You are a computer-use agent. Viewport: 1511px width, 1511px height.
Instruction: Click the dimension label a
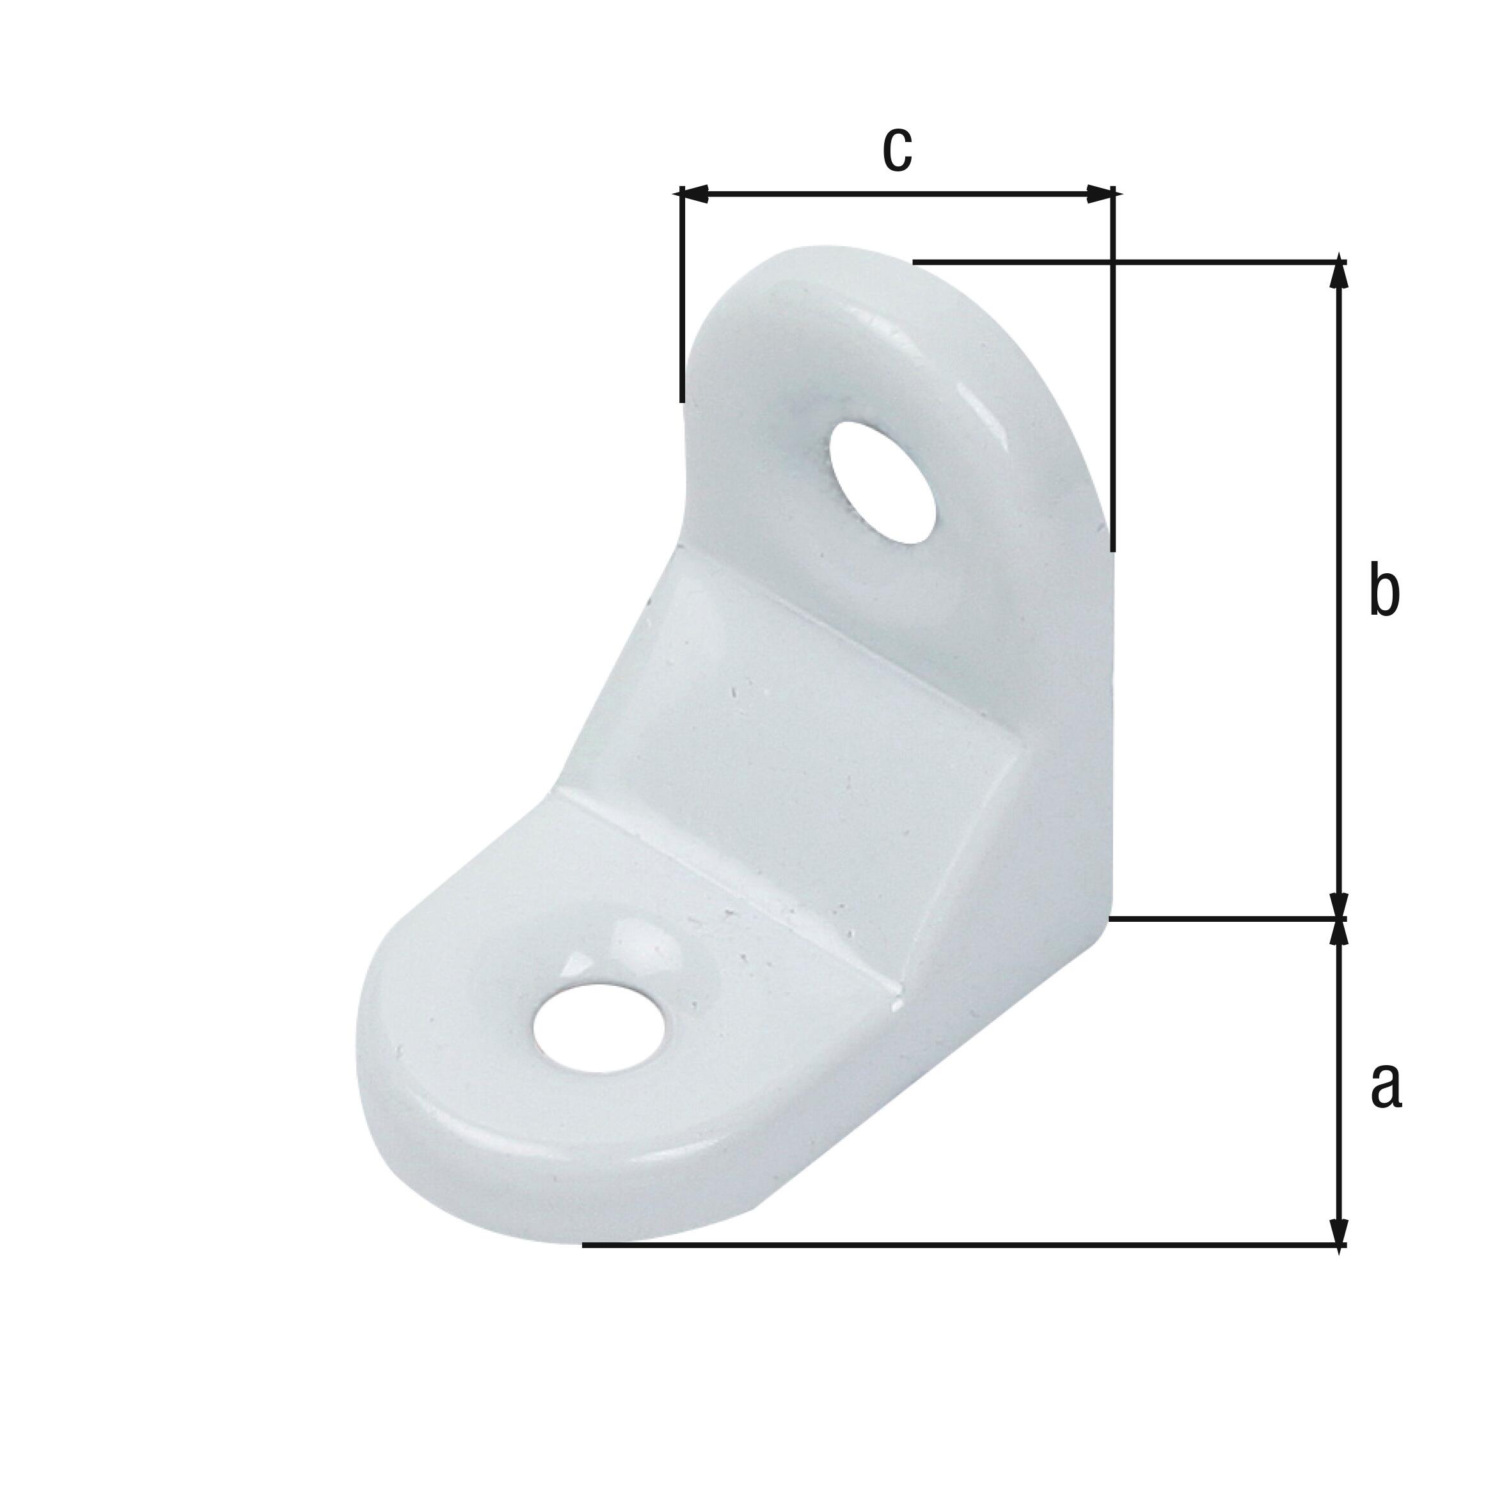pos(1386,1086)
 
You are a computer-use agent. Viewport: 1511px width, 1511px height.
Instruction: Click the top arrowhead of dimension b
pos(1339,274)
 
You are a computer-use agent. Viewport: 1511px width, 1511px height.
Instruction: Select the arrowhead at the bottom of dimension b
pos(1339,904)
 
